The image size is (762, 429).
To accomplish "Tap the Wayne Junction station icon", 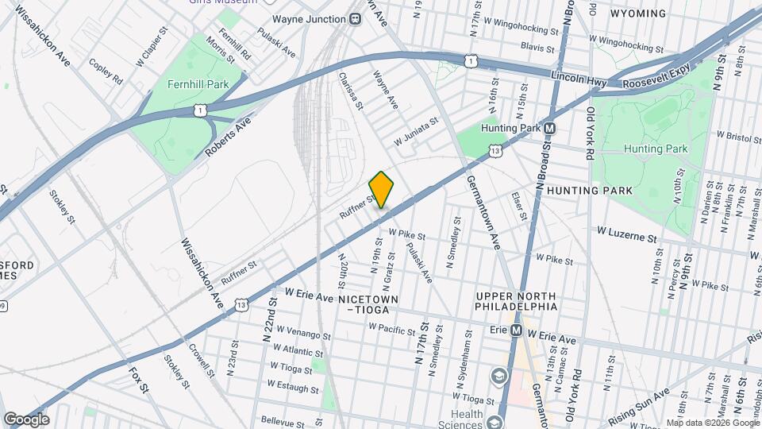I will point(356,19).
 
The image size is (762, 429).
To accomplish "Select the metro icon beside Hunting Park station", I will point(548,128).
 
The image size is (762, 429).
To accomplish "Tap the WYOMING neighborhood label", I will point(638,14).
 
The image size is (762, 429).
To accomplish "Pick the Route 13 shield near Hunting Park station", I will point(495,149).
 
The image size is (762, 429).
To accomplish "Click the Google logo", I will point(26,419).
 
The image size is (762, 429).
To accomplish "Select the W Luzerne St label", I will point(628,235).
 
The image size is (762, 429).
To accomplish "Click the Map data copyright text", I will point(711,423).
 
